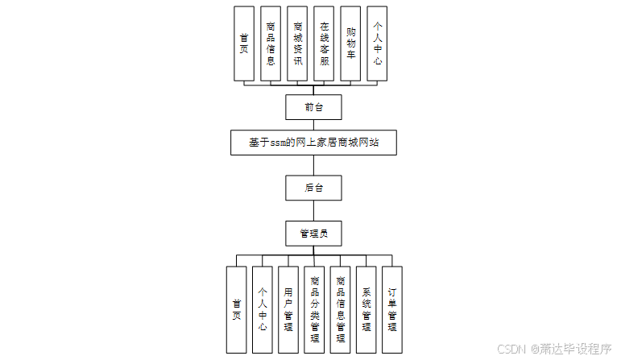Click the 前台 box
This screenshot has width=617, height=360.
pyautogui.click(x=313, y=107)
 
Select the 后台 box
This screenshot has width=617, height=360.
pyautogui.click(x=313, y=188)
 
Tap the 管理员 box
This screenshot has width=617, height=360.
pyautogui.click(x=313, y=233)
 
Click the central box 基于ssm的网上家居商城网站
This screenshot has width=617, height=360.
pyautogui.click(x=313, y=143)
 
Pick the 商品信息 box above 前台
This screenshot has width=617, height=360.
pyautogui.click(x=271, y=43)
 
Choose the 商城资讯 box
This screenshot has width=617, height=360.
pyautogui.click(x=297, y=43)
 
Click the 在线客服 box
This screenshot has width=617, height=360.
pyautogui.click(x=324, y=43)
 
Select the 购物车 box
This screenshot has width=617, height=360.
pyautogui.click(x=350, y=43)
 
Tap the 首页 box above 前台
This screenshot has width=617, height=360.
pyautogui.click(x=244, y=43)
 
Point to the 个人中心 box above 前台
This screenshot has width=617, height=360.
pyautogui.click(x=377, y=43)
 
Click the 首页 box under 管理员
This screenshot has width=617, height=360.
pyautogui.click(x=236, y=309)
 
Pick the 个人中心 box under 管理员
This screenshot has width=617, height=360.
pyautogui.click(x=262, y=309)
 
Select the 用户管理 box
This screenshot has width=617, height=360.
pyautogui.click(x=288, y=309)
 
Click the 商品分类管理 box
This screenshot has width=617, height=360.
pyautogui.click(x=314, y=309)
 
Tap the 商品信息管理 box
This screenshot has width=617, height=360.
pyautogui.click(x=340, y=309)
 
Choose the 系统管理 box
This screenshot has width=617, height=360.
pyautogui.click(x=366, y=309)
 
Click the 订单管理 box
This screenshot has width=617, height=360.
pyautogui.click(x=391, y=309)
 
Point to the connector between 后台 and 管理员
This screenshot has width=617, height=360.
pyautogui.click(x=313, y=210)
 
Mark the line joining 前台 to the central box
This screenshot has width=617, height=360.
pyautogui.click(x=313, y=124)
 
